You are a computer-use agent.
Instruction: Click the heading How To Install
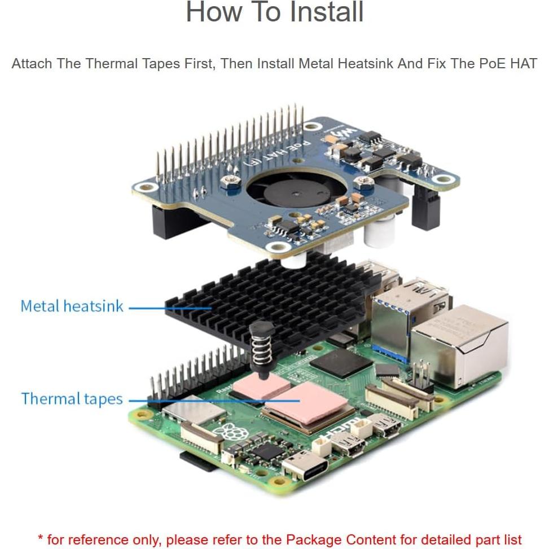click(274, 12)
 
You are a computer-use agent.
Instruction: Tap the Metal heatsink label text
click(72, 306)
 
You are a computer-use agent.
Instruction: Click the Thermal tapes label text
click(72, 399)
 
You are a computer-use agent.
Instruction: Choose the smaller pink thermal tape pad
click(263, 388)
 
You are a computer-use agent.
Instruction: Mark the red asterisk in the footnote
click(41, 537)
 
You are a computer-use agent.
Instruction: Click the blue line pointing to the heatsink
click(169, 308)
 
